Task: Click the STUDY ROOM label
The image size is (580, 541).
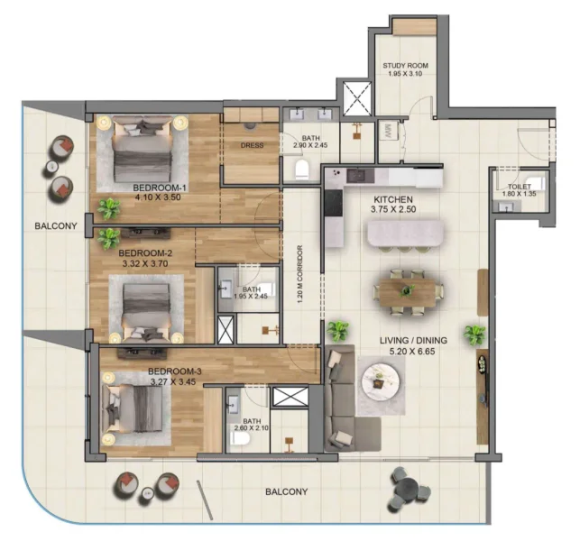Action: click(404, 67)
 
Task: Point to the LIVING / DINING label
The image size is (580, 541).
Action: click(415, 341)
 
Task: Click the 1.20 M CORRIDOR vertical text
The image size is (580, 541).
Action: click(299, 274)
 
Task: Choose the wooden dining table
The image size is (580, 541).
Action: click(408, 289)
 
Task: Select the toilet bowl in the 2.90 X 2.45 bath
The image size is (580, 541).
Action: click(302, 169)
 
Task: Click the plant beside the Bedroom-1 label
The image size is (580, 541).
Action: click(109, 208)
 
